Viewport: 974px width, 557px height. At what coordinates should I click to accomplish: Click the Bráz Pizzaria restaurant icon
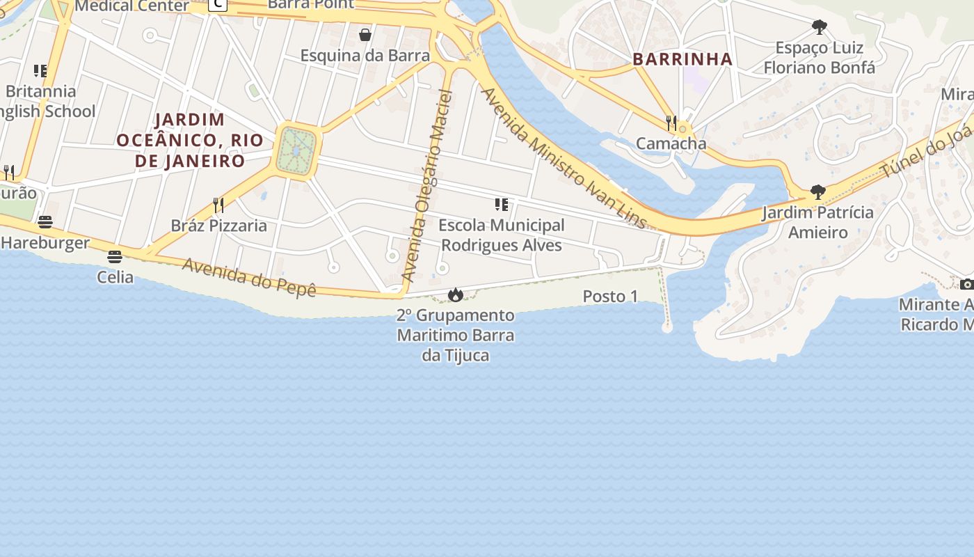click(218, 205)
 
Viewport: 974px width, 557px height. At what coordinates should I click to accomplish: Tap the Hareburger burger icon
click(45, 222)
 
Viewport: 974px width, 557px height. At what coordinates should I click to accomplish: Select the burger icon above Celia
click(115, 256)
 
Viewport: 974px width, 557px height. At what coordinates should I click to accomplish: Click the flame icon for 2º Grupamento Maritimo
click(456, 295)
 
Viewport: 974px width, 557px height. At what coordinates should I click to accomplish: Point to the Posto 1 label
click(610, 297)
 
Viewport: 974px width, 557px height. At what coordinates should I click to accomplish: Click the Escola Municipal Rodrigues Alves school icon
click(502, 204)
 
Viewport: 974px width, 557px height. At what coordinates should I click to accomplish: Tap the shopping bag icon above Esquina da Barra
click(365, 35)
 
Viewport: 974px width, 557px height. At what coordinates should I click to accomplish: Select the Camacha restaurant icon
click(671, 123)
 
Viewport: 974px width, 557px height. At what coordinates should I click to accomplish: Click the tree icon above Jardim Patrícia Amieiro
click(818, 191)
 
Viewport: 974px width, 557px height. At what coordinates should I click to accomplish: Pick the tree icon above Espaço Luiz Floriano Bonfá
click(820, 27)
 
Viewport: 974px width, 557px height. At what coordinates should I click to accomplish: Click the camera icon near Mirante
click(966, 284)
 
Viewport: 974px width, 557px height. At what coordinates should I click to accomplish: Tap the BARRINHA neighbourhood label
click(683, 59)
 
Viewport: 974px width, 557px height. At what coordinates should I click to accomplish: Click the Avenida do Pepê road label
click(249, 277)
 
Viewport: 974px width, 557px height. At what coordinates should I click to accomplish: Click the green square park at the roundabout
click(297, 150)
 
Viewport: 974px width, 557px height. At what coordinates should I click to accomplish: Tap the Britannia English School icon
click(40, 70)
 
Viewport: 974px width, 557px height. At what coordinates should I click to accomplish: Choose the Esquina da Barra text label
click(365, 56)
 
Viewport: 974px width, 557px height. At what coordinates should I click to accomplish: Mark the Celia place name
click(115, 277)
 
